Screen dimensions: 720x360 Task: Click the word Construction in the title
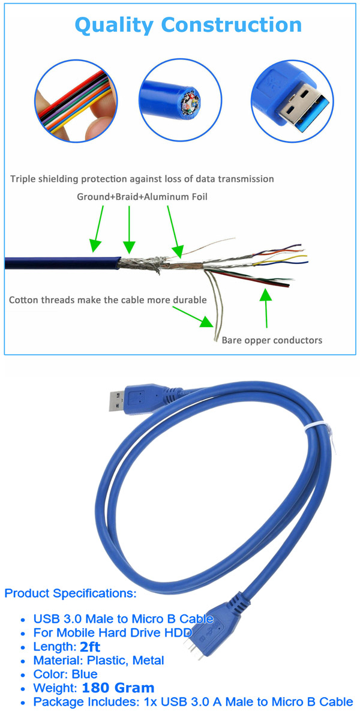(x=232, y=25)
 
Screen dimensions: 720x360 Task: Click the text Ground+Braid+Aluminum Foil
(x=142, y=197)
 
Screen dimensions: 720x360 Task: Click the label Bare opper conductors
(x=272, y=340)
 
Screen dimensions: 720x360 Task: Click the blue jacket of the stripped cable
(x=60, y=263)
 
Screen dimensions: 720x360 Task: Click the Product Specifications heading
(x=70, y=593)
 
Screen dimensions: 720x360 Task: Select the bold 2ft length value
(x=90, y=647)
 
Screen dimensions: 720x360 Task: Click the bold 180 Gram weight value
(x=118, y=688)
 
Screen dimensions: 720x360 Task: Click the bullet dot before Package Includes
(x=23, y=703)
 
